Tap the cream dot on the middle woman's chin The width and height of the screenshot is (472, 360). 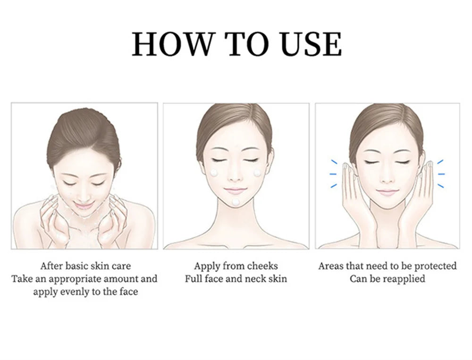[x=236, y=202]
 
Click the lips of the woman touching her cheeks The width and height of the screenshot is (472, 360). [x=387, y=192]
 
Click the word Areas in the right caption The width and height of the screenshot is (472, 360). [x=331, y=266]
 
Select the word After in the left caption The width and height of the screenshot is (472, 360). [x=51, y=266]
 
